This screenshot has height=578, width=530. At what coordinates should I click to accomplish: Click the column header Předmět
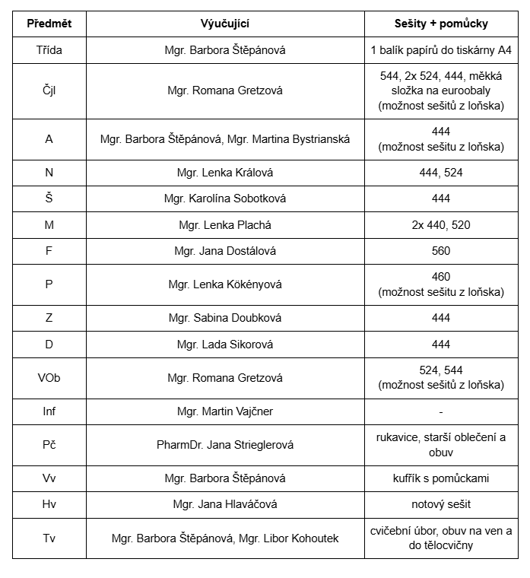point(49,24)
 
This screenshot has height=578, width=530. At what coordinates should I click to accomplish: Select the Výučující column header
point(225,24)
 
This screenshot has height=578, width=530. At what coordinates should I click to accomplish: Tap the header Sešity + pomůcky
point(441,24)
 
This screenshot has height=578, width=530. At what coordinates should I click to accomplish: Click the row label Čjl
point(49,91)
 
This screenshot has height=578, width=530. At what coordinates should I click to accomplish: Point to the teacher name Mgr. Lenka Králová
point(225,173)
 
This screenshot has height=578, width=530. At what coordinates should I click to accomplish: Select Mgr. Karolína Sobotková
point(225,198)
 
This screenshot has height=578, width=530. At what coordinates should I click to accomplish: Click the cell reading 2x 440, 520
point(441,225)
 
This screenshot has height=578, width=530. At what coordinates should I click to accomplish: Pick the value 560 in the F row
point(441,251)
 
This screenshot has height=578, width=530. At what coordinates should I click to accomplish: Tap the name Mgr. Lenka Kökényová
point(225,284)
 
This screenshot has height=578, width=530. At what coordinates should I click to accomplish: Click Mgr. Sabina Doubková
point(225,319)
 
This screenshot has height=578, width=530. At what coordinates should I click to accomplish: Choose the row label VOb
point(49,378)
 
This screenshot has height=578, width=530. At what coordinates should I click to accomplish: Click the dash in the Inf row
point(441,411)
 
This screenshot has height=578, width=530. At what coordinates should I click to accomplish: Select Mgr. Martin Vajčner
point(225,411)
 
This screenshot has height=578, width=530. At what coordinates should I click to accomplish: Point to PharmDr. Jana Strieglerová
point(225,445)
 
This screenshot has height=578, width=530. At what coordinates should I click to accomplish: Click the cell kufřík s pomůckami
point(441,478)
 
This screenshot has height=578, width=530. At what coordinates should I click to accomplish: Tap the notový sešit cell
point(441,504)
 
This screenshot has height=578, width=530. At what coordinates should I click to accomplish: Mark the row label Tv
point(49,538)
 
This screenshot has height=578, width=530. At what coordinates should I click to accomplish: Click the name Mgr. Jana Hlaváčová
point(225,504)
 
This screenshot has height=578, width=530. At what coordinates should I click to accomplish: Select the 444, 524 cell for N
point(441,173)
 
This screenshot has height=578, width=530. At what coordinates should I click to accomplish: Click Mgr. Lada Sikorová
point(225,345)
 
